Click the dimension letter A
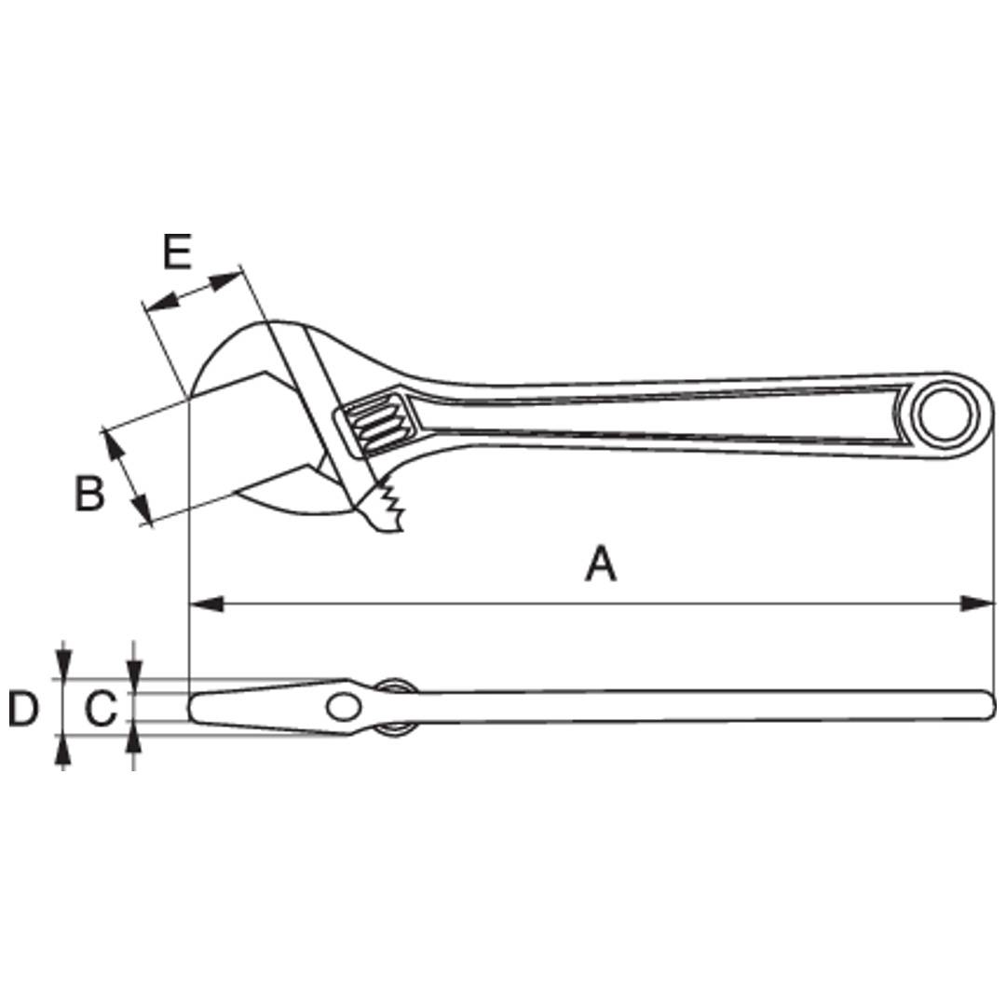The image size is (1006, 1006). click(601, 564)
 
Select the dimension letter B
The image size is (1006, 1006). click(89, 493)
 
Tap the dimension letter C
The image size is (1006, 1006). click(101, 710)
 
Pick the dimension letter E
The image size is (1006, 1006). click(177, 251)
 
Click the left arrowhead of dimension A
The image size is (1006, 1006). click(207, 604)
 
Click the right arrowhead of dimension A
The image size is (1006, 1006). click(977, 604)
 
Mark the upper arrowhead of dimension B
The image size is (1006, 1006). click(114, 446)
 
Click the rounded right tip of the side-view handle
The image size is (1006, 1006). click(988, 705)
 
